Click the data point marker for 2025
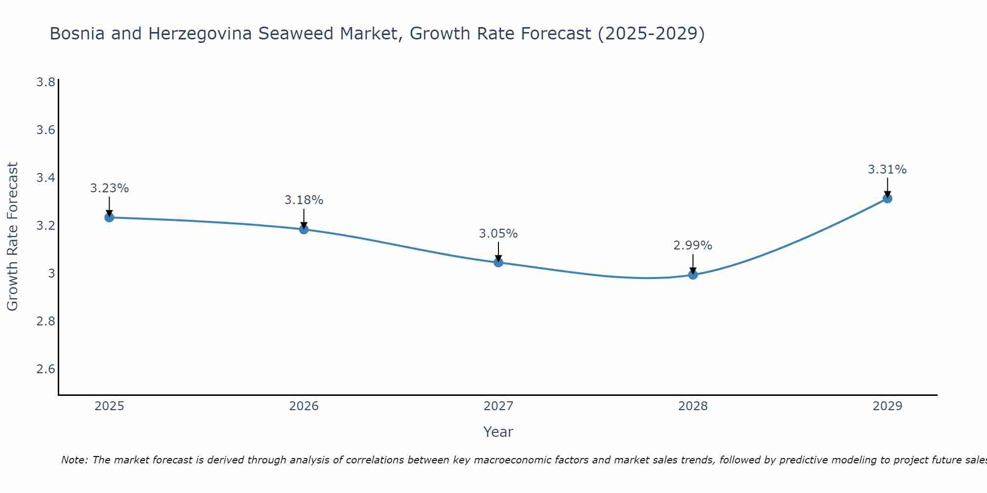pyautogui.click(x=109, y=217)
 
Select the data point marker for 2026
pyautogui.click(x=304, y=229)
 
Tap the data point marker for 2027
pyautogui.click(x=498, y=262)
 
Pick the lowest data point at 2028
pyautogui.click(x=693, y=275)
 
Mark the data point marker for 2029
pyautogui.click(x=887, y=199)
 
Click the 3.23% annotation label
pyautogui.click(x=109, y=188)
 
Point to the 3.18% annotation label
pyautogui.click(x=304, y=200)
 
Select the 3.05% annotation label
pyautogui.click(x=498, y=234)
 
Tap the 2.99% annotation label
pyautogui.click(x=693, y=246)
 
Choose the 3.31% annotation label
pyautogui.click(x=887, y=170)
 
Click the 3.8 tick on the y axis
pyautogui.click(x=45, y=82)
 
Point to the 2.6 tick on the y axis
pyautogui.click(x=45, y=369)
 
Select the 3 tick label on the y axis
pyautogui.click(x=51, y=274)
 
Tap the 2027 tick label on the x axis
pyautogui.click(x=498, y=406)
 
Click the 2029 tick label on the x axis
pyautogui.click(x=887, y=406)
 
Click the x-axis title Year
pyautogui.click(x=498, y=432)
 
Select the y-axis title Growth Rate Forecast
pyautogui.click(x=12, y=237)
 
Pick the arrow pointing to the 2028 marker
pyautogui.click(x=693, y=263)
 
